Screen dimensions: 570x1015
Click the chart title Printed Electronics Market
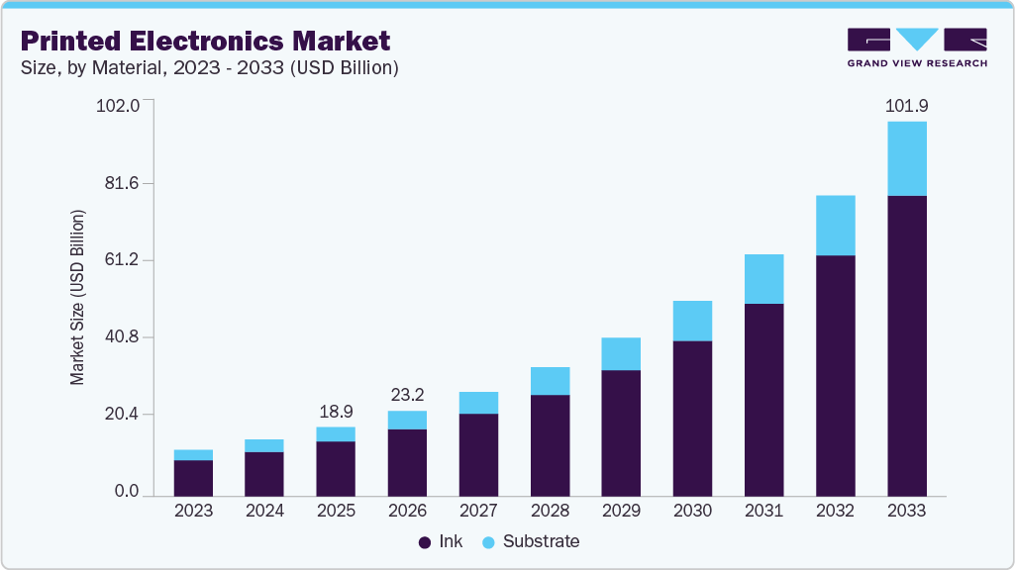205,41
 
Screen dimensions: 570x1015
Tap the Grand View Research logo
917,47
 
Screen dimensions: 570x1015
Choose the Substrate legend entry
531,542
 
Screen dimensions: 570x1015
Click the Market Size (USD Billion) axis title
77,298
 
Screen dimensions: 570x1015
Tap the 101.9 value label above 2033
907,105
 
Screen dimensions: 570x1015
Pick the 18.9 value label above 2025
336,411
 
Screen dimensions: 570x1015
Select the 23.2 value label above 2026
407,394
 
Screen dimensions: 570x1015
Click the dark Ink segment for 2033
907,345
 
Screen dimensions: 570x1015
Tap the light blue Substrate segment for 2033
907,158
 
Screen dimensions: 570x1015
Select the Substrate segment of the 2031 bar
763,279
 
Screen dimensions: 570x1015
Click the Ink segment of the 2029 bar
621,432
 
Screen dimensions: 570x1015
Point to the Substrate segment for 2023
193,455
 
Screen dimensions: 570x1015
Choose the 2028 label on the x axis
550,512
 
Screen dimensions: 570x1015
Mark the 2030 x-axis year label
692,512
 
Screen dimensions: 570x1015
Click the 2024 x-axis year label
264,512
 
